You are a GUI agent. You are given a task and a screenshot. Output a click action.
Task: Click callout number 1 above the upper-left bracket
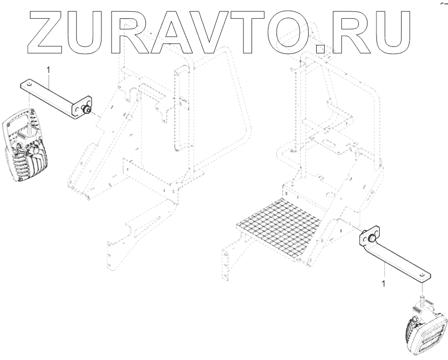click(x=49, y=70)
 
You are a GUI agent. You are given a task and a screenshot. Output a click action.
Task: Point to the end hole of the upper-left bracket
click(x=28, y=84)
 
